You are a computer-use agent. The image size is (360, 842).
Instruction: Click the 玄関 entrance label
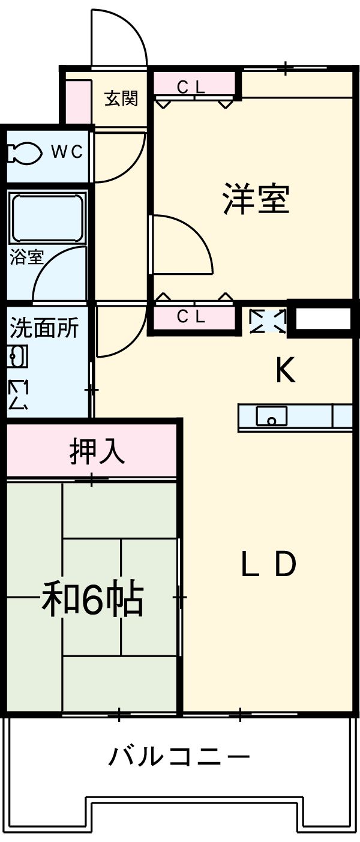[x=121, y=98]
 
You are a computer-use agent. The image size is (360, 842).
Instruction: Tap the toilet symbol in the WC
[x=24, y=152]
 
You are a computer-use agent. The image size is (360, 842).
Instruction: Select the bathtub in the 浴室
[x=46, y=219]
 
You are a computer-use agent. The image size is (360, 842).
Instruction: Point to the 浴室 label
[x=26, y=257]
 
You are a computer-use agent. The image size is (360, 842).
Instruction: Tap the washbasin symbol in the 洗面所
[x=17, y=357]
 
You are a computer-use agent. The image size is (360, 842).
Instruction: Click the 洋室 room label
[x=256, y=199]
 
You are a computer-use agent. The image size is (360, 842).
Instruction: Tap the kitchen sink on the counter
[x=271, y=415]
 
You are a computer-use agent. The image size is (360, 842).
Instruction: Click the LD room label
[x=268, y=564]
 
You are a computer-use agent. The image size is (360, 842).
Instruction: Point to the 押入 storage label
[x=97, y=451]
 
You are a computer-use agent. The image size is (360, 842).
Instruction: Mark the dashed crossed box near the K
[x=268, y=320]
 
